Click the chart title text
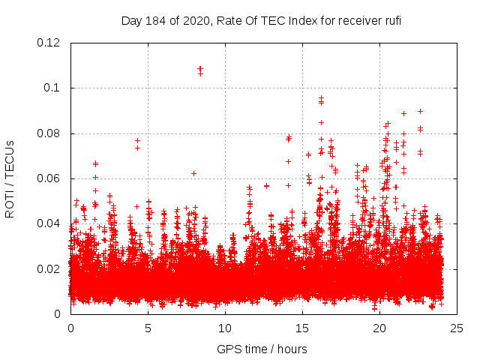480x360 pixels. point(261,21)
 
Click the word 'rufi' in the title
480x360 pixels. point(391,21)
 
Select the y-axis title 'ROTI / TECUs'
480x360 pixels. point(10,178)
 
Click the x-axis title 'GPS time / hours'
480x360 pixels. point(261,349)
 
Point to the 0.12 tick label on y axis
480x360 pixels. point(49,43)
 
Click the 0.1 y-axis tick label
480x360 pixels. point(52,88)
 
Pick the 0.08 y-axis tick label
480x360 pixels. point(49,133)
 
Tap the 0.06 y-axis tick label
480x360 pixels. point(49,178)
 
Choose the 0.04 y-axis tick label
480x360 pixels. point(49,223)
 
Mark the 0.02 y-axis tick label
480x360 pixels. point(49,268)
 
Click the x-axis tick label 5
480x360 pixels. point(148,328)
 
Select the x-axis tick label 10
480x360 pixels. point(225,328)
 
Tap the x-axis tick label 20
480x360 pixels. point(379,328)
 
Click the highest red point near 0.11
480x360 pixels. point(200,68)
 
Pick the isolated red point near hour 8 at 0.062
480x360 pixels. point(193,173)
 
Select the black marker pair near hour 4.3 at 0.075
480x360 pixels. point(137,144)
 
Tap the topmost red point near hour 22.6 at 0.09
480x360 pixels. point(420,111)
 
